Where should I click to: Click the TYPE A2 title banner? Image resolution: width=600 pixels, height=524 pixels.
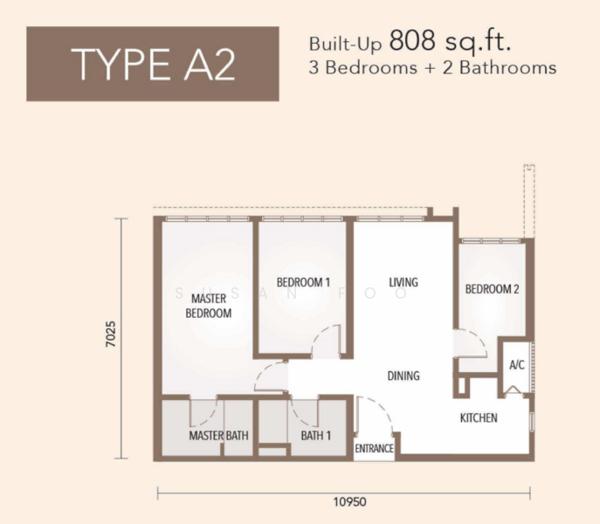[x=153, y=64]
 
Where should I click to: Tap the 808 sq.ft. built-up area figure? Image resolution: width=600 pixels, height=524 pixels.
[x=450, y=41]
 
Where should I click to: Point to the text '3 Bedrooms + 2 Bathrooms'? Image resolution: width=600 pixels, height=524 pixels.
[x=432, y=68]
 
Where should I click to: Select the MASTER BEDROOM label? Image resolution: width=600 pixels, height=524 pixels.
[x=209, y=306]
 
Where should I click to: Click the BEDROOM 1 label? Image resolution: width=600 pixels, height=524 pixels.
[x=303, y=282]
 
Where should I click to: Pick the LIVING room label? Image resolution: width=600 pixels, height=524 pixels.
[x=403, y=282]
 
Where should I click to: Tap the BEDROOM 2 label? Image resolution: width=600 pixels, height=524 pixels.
[x=492, y=289]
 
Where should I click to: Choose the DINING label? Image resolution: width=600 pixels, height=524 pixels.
[x=403, y=376]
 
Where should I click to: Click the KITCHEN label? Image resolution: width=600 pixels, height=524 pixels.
[x=479, y=417]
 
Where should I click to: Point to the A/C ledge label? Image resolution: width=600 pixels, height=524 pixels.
[x=516, y=365]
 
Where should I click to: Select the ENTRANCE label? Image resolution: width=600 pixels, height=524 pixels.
[x=374, y=448]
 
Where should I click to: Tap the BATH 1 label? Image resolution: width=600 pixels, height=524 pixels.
[x=315, y=436]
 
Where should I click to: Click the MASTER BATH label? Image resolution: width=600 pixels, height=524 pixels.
[x=218, y=436]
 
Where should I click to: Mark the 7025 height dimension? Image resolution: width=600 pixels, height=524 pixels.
[x=111, y=334]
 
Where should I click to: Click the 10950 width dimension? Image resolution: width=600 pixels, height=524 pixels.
[x=349, y=502]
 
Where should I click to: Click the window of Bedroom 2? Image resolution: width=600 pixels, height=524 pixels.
[x=491, y=241]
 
